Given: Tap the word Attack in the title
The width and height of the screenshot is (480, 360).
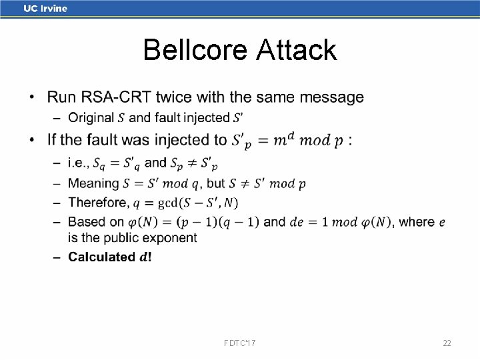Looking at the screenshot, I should [295, 50].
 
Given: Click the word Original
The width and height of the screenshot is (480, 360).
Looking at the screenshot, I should [91, 118].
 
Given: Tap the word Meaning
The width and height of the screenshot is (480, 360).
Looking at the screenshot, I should [93, 183].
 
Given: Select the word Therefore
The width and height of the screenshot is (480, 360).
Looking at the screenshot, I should [97, 202].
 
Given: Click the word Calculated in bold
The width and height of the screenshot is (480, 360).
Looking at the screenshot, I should [101, 257].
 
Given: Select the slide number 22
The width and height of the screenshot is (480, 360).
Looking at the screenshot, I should [447, 343].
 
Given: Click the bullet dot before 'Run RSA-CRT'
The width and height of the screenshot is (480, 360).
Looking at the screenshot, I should [33, 98].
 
